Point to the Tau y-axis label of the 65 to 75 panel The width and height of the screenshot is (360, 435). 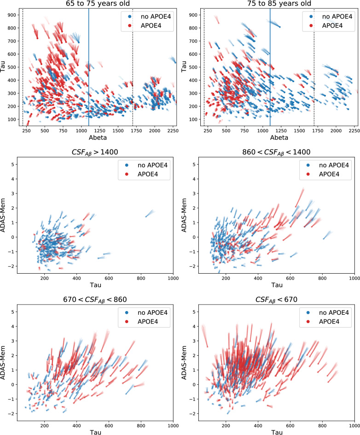tap(4, 67)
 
